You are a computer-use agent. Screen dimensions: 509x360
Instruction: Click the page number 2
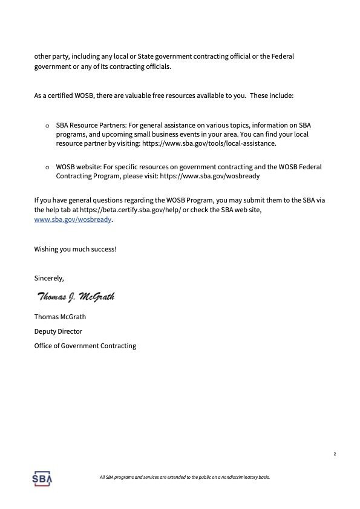pyautogui.click(x=335, y=454)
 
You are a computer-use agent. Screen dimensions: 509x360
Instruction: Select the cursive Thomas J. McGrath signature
pyautogui.click(x=76, y=297)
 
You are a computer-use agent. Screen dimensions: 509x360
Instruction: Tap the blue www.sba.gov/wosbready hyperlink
pyautogui.click(x=73, y=220)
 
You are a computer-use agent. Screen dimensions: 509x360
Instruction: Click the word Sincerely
pyautogui.click(x=49, y=277)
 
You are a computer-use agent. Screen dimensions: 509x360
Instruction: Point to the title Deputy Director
pyautogui.click(x=58, y=331)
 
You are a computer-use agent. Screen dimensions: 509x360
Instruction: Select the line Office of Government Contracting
pyautogui.click(x=85, y=346)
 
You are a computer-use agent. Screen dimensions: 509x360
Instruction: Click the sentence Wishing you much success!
pyautogui.click(x=75, y=249)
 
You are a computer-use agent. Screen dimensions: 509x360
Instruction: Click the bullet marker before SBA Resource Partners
pyautogui.click(x=47, y=125)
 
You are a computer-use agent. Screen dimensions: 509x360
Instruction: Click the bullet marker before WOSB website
pyautogui.click(x=47, y=166)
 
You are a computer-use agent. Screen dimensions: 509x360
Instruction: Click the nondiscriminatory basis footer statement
pyautogui.click(x=184, y=478)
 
